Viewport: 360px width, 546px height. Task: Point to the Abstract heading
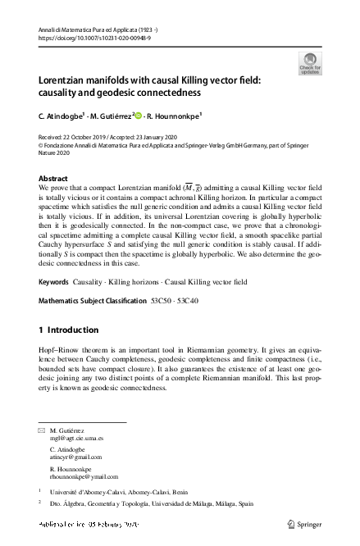coord(53,178)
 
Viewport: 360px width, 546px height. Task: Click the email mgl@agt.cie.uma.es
coord(76,438)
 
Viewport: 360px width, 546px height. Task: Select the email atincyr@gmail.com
coord(75,457)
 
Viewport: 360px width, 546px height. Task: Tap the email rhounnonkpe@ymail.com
coord(83,475)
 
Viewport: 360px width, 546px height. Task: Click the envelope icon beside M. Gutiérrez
coord(43,430)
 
